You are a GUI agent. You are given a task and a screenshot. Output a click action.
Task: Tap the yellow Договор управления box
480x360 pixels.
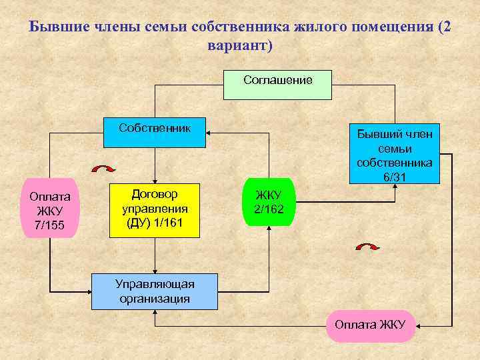tap(154, 209)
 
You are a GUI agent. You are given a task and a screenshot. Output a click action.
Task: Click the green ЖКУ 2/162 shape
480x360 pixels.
tap(268, 202)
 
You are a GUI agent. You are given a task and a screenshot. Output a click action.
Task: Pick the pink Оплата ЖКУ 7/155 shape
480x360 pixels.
tap(50, 209)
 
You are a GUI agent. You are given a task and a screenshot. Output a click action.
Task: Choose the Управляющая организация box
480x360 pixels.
tap(154, 291)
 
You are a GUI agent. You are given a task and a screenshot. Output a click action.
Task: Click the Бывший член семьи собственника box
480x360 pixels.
tap(394, 153)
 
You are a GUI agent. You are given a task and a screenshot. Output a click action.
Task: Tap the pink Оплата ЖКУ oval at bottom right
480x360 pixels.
tap(371, 326)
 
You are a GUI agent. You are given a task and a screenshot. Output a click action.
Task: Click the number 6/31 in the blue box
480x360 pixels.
tap(394, 177)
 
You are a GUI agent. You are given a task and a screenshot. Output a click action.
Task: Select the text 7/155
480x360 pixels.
tap(50, 225)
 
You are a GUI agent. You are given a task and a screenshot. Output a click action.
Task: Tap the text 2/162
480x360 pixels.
tap(269, 209)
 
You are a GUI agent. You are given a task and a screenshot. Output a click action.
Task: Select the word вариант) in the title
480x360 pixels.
tap(240, 47)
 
